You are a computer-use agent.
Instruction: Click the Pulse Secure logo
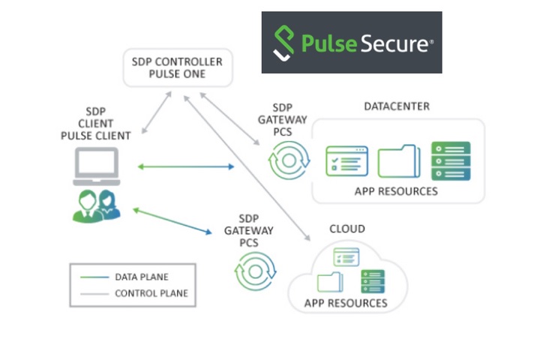351,43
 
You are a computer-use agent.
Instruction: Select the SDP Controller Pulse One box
178,67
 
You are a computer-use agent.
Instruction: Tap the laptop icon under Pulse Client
95,166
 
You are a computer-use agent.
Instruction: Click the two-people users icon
97,205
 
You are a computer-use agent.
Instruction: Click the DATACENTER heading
397,106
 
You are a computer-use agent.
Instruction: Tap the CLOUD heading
347,229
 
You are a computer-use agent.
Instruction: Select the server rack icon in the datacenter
450,160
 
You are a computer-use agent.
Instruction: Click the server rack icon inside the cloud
372,281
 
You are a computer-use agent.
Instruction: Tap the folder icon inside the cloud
329,282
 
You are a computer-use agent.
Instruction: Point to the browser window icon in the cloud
346,256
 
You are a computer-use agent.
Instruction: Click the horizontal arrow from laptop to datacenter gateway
186,166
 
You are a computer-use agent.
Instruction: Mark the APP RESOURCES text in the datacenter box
396,191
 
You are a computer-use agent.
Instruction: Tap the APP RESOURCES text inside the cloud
346,304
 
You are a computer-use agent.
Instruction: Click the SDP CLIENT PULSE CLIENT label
95,124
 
